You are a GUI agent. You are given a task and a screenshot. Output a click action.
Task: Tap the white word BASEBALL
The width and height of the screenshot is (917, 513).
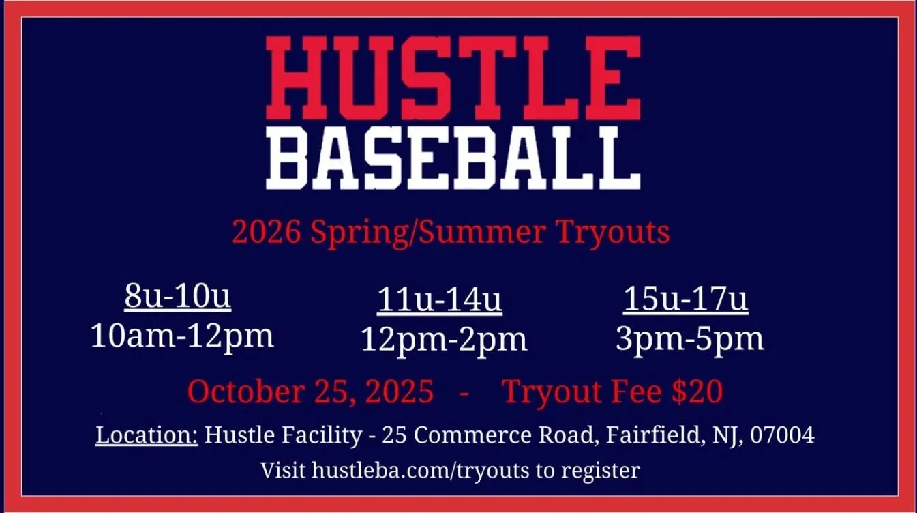pyautogui.click(x=453, y=159)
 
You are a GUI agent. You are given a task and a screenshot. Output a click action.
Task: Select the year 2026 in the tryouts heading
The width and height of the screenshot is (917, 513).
pyautogui.click(x=267, y=233)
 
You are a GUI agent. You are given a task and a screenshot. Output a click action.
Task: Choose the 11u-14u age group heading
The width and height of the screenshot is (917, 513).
pyautogui.click(x=440, y=302)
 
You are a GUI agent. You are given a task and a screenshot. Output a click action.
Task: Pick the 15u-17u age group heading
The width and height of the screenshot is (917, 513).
pyautogui.click(x=685, y=301)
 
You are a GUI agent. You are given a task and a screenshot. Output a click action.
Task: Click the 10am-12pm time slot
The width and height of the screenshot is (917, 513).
pyautogui.click(x=182, y=336)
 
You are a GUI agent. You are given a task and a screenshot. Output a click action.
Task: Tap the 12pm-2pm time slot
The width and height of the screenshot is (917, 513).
pyautogui.click(x=444, y=340)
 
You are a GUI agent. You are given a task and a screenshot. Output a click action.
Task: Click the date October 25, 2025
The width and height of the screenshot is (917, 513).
pyautogui.click(x=310, y=392)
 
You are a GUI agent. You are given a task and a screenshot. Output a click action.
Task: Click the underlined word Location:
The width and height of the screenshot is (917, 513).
pyautogui.click(x=147, y=435)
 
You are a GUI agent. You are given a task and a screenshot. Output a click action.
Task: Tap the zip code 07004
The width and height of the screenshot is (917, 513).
pyautogui.click(x=781, y=435)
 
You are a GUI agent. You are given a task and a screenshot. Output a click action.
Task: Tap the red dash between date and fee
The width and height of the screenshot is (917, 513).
pyautogui.click(x=464, y=394)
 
